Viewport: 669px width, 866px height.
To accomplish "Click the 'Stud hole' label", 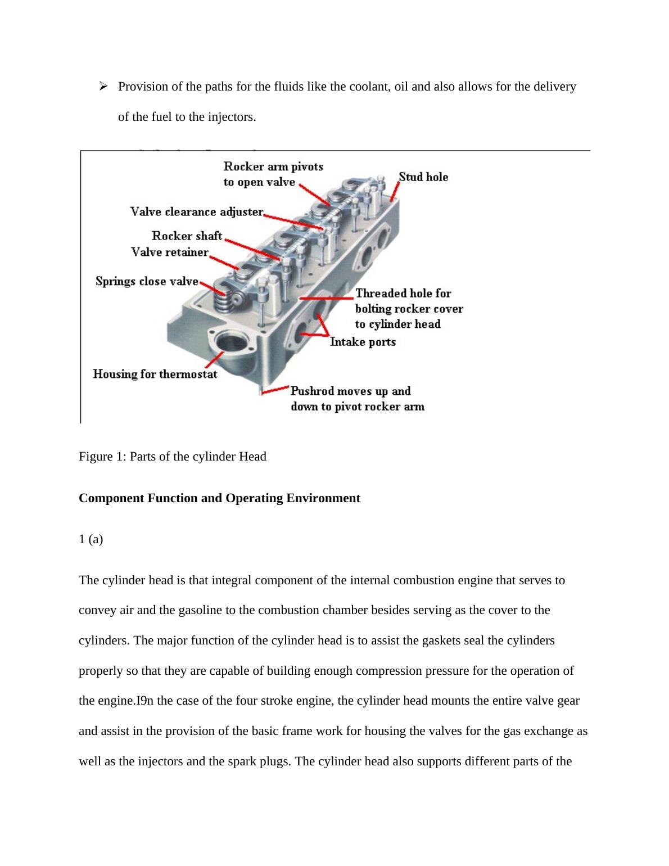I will (x=423, y=177).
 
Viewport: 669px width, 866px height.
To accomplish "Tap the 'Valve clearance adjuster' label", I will (x=197, y=212).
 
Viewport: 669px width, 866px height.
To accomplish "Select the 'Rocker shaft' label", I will (x=187, y=236).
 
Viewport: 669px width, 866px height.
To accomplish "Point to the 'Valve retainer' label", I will (x=170, y=252).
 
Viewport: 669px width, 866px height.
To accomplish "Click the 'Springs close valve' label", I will (x=147, y=281).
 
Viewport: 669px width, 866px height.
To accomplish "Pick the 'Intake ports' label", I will (x=363, y=342).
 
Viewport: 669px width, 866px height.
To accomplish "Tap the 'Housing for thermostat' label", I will (x=155, y=374).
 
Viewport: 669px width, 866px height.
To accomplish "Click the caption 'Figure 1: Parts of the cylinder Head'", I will (x=173, y=456).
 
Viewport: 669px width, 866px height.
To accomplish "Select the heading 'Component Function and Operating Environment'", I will (x=219, y=498).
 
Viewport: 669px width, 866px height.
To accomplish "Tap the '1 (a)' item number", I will (x=91, y=539).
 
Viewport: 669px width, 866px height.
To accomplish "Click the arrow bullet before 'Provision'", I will (x=103, y=86).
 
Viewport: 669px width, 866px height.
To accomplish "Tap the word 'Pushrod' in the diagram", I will (x=312, y=391).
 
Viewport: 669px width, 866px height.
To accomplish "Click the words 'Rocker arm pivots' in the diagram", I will (x=273, y=166).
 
